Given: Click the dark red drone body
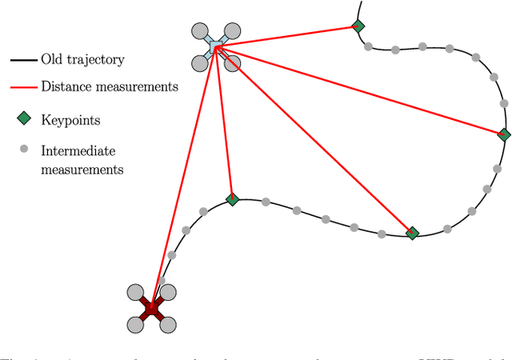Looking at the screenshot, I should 151,307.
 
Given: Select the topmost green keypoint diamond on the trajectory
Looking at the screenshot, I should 358,26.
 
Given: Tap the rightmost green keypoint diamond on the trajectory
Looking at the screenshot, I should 504,134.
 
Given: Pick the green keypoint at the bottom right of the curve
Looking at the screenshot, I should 412,233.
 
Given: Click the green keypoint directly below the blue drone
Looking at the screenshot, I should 232,199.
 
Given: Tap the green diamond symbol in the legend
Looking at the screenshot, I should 24,119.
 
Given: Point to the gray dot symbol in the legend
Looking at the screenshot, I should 24,148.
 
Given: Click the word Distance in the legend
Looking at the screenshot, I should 65,86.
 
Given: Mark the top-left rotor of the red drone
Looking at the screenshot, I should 135,292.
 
